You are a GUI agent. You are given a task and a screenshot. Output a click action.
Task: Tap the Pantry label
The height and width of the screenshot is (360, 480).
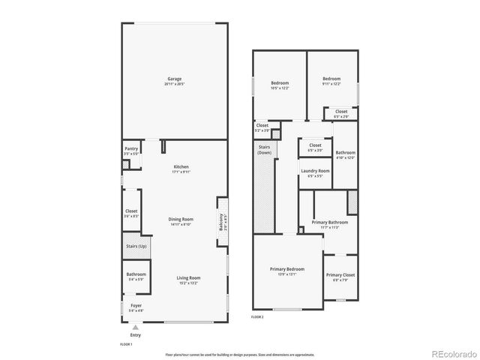131,151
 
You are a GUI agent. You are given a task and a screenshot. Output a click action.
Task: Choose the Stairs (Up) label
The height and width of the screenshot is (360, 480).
136,246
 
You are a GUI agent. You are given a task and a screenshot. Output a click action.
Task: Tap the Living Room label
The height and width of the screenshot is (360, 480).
188,279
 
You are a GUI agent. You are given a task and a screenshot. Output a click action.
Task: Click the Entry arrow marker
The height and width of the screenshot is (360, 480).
135,327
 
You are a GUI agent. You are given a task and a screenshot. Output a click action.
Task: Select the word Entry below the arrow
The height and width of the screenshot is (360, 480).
135,334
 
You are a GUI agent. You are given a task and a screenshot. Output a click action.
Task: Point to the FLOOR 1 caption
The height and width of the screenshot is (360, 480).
126,343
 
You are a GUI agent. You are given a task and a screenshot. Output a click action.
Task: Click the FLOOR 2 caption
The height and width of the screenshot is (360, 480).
257,317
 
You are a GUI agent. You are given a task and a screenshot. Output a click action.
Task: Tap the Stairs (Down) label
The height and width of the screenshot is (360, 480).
264,150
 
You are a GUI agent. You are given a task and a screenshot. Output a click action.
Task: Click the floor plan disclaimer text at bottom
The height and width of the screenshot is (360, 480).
239,353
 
